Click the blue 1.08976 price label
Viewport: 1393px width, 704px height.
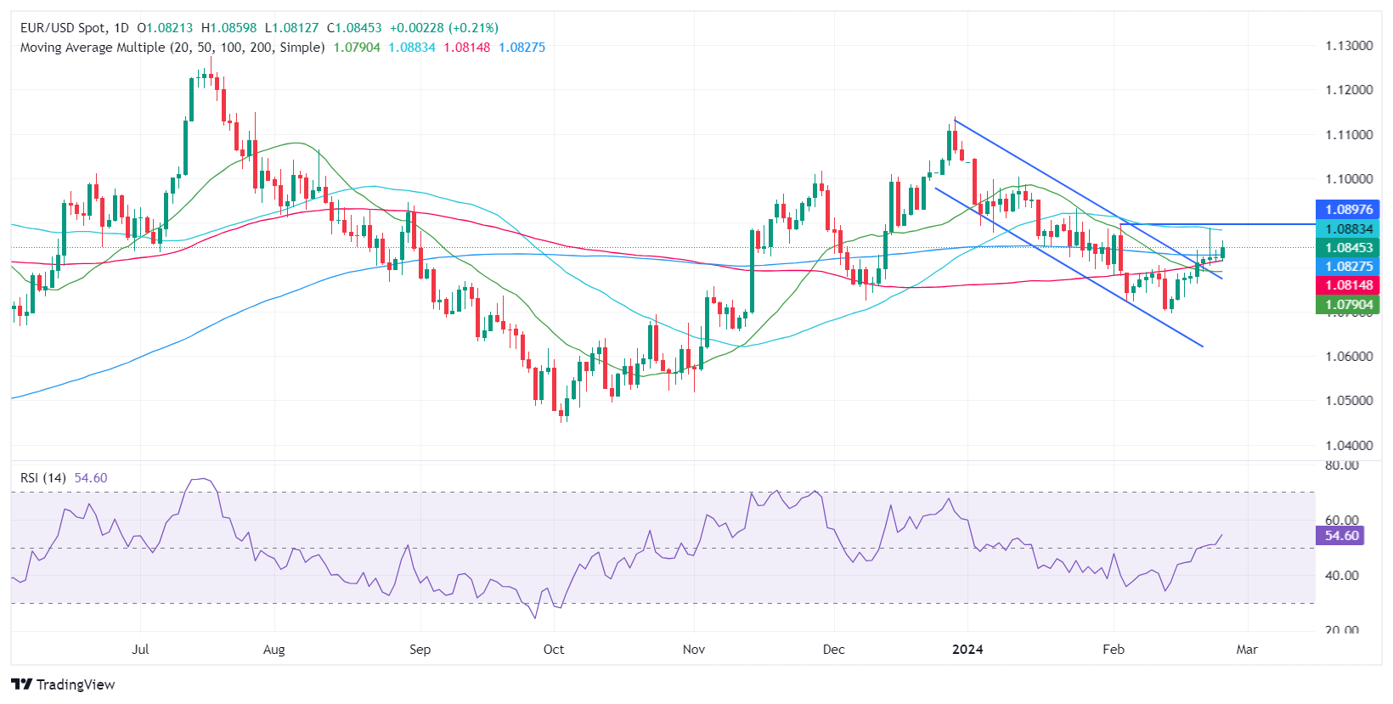click(x=1348, y=210)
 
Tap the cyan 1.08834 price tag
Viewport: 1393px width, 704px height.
click(x=1348, y=229)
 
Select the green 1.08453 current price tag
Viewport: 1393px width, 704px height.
click(x=1348, y=248)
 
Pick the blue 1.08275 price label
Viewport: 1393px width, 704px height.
click(x=1348, y=267)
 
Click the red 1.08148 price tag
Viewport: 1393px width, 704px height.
click(x=1348, y=285)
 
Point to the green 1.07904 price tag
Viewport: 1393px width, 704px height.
click(x=1348, y=304)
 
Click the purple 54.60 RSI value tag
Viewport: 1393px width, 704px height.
click(x=1341, y=536)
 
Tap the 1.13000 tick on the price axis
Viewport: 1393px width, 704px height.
click(x=1349, y=46)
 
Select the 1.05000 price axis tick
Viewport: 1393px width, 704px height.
click(x=1349, y=401)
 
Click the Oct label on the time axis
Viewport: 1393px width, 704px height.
click(x=554, y=650)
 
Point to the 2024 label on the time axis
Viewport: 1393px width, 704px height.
click(x=967, y=650)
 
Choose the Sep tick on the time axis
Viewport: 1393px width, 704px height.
click(x=420, y=650)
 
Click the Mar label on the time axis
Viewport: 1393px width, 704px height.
click(x=1247, y=650)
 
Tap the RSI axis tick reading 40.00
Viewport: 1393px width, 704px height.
click(x=1342, y=576)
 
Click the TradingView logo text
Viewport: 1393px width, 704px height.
click(x=75, y=684)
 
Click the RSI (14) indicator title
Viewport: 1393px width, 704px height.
click(x=43, y=478)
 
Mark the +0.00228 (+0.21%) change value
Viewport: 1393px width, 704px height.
click(x=444, y=28)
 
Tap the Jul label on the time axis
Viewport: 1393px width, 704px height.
click(x=141, y=650)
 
